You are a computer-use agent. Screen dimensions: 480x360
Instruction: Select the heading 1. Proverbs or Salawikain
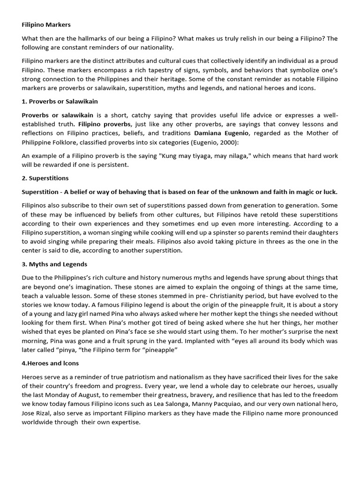[60, 101]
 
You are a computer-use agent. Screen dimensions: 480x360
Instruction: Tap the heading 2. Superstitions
[45, 178]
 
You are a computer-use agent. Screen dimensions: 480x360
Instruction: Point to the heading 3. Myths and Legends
[54, 264]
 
